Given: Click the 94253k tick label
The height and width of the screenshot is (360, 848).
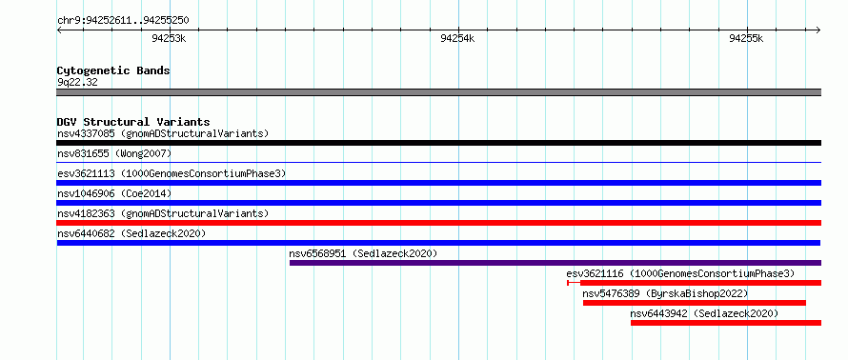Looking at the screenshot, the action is click(169, 38).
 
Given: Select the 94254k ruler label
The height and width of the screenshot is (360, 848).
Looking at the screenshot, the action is click(457, 38).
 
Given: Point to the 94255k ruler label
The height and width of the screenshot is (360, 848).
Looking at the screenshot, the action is click(746, 38).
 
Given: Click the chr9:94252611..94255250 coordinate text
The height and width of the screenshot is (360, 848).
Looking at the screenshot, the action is click(123, 21).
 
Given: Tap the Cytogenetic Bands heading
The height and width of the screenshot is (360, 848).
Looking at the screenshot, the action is click(113, 70).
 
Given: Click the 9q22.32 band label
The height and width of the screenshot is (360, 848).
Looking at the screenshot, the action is click(77, 83).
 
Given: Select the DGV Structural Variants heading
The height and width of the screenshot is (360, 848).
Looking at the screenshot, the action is click(133, 122).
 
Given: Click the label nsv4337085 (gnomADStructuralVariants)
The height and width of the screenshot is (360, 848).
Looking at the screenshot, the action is click(163, 133).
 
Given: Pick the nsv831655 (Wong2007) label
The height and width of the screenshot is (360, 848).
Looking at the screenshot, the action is click(114, 153).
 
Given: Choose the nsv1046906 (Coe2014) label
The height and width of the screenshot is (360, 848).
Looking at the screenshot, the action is click(114, 193).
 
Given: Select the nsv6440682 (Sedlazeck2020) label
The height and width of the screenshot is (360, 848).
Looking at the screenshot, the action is click(131, 233).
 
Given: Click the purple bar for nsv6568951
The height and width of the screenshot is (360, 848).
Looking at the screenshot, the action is click(555, 263).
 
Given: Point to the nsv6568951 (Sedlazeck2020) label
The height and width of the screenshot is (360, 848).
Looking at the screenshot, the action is click(363, 253).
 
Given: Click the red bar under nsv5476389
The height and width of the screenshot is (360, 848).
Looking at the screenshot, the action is click(695, 303).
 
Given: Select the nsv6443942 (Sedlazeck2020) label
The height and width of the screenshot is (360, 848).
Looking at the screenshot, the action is click(704, 313).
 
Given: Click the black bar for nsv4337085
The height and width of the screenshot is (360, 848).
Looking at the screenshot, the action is click(439, 143).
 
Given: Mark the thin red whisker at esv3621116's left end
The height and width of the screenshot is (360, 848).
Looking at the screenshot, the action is click(574, 283).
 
